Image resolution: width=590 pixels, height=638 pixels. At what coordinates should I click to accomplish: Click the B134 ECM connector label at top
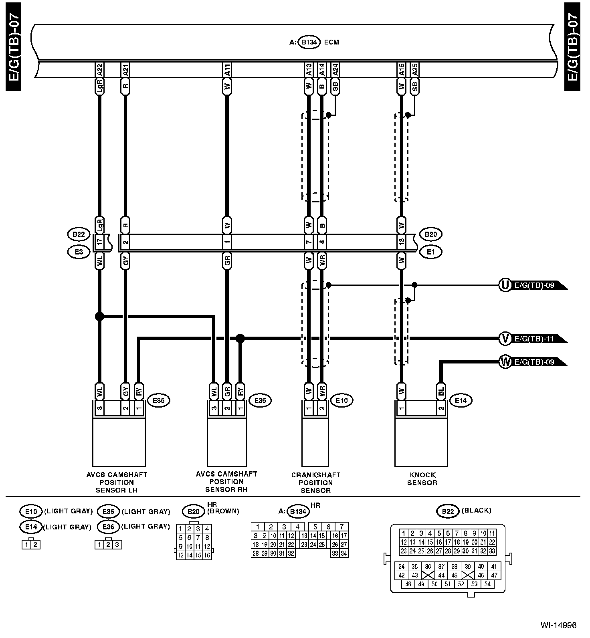(x=309, y=42)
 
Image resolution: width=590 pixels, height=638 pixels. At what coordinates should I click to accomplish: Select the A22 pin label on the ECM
(x=100, y=70)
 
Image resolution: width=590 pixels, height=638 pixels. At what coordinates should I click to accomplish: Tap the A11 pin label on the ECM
(x=227, y=70)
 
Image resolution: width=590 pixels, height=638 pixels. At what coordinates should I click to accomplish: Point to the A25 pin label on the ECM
(x=415, y=70)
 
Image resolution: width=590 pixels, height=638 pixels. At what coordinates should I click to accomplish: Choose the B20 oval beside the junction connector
(x=431, y=234)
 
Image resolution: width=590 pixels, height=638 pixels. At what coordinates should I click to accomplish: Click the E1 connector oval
(x=431, y=252)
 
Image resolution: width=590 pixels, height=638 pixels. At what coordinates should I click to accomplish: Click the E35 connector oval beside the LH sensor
(x=159, y=400)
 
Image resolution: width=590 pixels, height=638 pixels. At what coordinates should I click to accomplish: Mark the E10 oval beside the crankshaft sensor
(x=341, y=400)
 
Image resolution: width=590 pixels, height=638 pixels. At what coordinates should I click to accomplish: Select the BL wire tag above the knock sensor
(x=441, y=391)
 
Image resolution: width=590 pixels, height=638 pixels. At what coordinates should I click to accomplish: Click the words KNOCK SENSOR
(x=422, y=478)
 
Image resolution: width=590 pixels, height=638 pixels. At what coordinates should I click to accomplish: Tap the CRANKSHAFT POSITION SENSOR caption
(x=315, y=483)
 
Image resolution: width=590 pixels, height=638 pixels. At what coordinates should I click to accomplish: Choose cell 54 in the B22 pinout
(x=487, y=584)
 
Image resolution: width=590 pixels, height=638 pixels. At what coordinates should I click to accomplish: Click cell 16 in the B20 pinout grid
(x=207, y=555)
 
